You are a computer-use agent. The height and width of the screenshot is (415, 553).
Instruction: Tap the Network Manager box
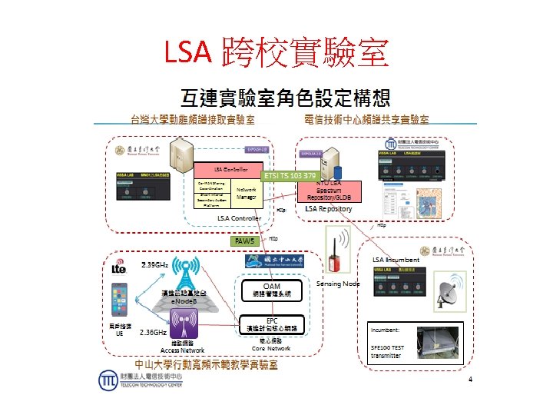coord(246,193)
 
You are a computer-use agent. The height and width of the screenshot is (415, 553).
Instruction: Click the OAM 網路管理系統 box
coord(271,290)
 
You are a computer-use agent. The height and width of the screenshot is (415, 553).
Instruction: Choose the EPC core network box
coord(272,324)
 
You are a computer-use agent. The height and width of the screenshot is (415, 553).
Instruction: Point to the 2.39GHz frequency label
coord(154,265)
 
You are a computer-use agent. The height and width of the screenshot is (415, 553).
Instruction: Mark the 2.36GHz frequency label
coord(154,333)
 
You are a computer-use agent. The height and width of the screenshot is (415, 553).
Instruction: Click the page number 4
coord(470,380)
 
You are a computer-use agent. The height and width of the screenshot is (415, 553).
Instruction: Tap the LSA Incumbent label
coord(396,260)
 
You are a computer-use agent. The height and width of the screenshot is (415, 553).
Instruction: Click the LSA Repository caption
coord(329,209)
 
